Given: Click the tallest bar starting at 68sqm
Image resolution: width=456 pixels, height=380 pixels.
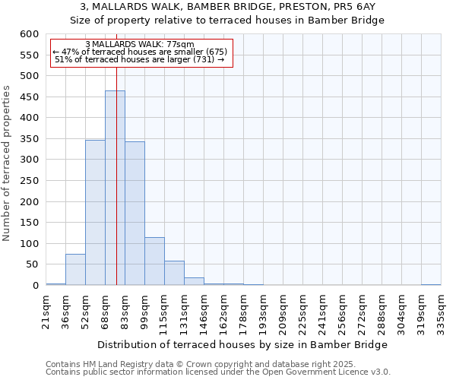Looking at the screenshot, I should click(x=115, y=188).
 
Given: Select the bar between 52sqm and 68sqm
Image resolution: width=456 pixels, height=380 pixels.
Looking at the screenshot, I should click(x=95, y=213).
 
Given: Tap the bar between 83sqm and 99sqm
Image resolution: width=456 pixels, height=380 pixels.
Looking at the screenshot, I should click(x=135, y=214).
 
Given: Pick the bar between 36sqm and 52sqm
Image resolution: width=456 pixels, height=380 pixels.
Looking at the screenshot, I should click(x=75, y=270).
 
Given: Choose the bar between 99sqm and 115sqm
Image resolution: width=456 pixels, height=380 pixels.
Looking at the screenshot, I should click(x=154, y=261).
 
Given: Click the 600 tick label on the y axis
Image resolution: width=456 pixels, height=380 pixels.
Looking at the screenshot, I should click(x=28, y=34).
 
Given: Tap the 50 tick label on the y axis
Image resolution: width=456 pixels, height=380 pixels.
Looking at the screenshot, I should click(x=31, y=264).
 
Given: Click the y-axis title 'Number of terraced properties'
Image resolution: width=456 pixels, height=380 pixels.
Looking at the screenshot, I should click(x=7, y=163).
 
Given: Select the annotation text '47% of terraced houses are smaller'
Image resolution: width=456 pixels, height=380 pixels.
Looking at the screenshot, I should click(x=142, y=52).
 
